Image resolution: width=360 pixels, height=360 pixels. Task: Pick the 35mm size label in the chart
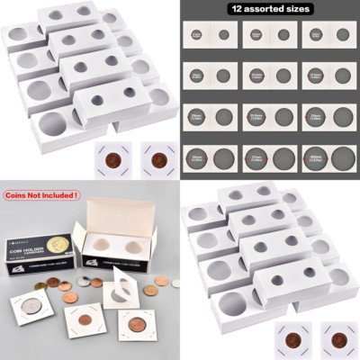pyautogui.click(x=195, y=158)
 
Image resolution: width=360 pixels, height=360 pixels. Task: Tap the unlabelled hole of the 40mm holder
pyautogui.click(x=339, y=158)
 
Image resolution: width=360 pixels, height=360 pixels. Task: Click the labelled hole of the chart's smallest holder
pyautogui.click(x=195, y=36)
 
